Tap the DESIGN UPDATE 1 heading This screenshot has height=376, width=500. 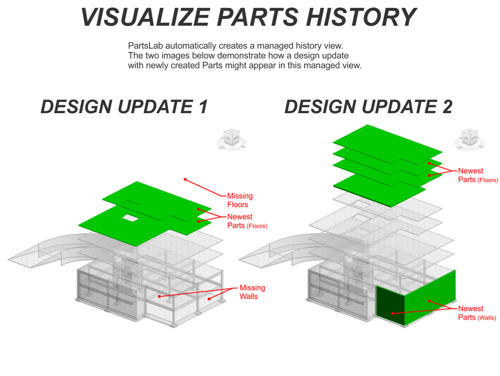tap(124, 107)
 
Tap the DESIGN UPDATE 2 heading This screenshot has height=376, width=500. tap(368, 107)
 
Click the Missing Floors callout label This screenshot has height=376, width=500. tap(240, 200)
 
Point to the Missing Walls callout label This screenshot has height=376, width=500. tap(252, 292)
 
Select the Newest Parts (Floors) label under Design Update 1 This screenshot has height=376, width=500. tap(247, 221)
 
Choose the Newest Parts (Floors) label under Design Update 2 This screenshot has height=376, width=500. tap(478, 175)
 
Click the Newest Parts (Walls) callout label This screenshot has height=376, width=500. tap(477, 313)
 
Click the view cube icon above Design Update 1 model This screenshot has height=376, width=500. tap(231, 139)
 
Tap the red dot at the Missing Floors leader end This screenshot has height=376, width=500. tap(185, 180)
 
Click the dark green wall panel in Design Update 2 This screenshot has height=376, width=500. tap(391, 305)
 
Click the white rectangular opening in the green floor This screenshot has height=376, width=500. tap(131, 218)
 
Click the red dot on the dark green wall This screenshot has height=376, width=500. tap(393, 313)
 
